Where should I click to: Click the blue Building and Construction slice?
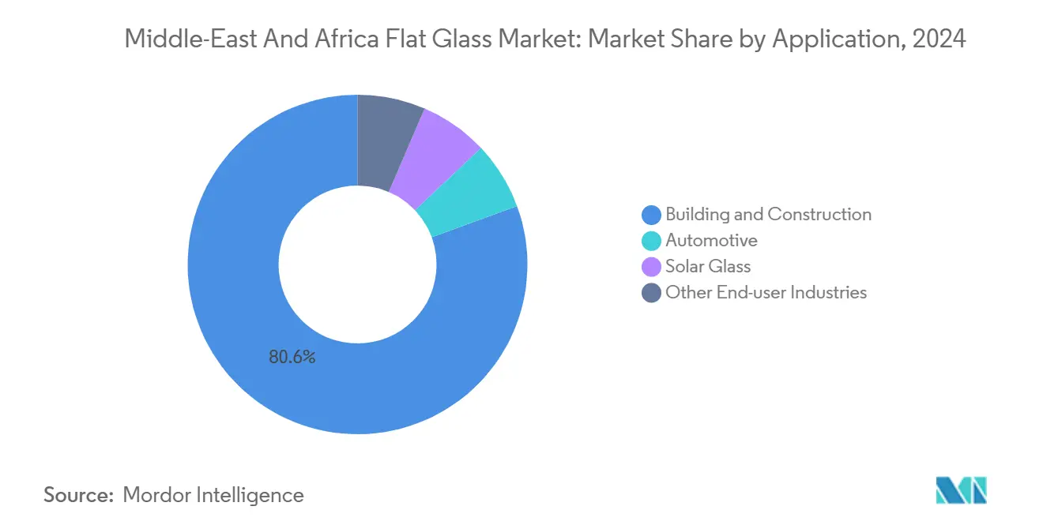pyautogui.click(x=237, y=316)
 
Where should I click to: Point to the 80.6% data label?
pyautogui.click(x=292, y=358)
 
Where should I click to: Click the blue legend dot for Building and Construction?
pyautogui.click(x=652, y=215)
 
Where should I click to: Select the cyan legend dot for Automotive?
pyautogui.click(x=652, y=241)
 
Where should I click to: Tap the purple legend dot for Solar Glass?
pyautogui.click(x=652, y=267)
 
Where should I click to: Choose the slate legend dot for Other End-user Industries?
pyautogui.click(x=652, y=293)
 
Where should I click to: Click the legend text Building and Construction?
pyautogui.click(x=768, y=215)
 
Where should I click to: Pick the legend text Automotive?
pyautogui.click(x=711, y=241)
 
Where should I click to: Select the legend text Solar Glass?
pyautogui.click(x=708, y=267)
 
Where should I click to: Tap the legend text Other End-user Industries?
pyautogui.click(x=766, y=293)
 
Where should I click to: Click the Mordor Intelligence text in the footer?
pyautogui.click(x=213, y=495)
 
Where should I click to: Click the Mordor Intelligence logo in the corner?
pyautogui.click(x=961, y=490)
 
